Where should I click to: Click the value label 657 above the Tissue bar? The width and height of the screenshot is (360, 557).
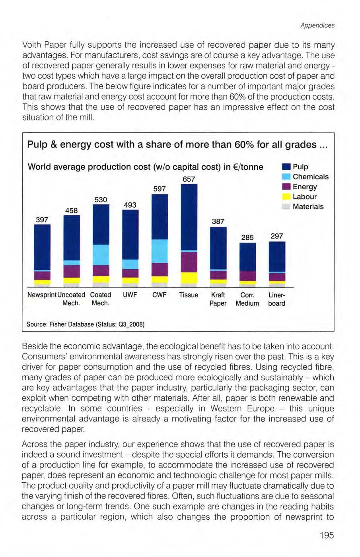click(x=189, y=179)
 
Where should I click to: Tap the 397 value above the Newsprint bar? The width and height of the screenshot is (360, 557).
click(x=42, y=219)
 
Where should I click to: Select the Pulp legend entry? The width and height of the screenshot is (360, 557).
click(x=300, y=167)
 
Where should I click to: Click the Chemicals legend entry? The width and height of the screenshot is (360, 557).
click(x=310, y=177)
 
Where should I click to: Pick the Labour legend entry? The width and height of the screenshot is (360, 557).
click(x=304, y=196)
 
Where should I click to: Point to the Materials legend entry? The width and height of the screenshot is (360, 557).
click(x=307, y=206)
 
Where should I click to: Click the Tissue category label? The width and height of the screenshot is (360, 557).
click(x=189, y=295)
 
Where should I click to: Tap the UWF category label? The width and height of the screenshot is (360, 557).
click(x=130, y=295)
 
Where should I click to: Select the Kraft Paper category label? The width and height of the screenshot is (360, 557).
click(x=218, y=299)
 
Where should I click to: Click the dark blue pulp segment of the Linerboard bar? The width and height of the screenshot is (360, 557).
click(x=277, y=256)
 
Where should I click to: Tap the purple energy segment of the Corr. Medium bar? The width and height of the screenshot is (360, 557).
click(x=247, y=276)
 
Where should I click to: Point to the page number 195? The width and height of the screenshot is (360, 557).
click(x=326, y=535)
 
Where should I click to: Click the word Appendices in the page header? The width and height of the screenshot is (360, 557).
click(x=317, y=25)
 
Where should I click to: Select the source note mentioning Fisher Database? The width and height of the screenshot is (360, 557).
click(x=85, y=324)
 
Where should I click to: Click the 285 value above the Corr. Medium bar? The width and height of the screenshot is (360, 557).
click(x=247, y=237)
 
